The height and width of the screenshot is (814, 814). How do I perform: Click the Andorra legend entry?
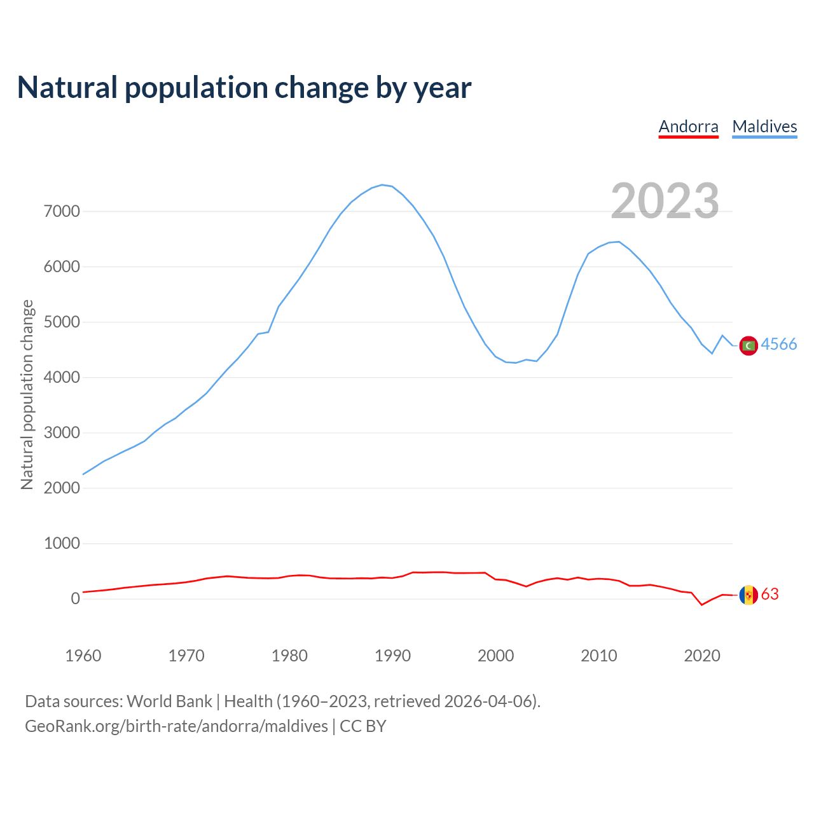(x=688, y=127)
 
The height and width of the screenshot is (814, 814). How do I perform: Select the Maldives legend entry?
(x=764, y=127)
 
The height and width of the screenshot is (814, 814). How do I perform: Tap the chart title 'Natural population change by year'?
(x=244, y=88)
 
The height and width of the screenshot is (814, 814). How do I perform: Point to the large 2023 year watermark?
(x=665, y=200)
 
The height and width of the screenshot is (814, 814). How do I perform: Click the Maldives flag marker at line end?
(x=748, y=345)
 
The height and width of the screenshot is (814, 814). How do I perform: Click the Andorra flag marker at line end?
(x=748, y=595)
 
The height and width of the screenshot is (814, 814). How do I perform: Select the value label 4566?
(x=779, y=344)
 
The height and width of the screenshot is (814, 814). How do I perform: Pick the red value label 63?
(x=769, y=594)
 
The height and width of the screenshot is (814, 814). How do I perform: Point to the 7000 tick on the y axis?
(x=62, y=211)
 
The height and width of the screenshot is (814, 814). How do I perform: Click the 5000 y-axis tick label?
(x=62, y=322)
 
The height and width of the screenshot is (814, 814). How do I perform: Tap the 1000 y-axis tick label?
(x=62, y=543)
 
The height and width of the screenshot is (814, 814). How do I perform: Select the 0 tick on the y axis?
(x=76, y=598)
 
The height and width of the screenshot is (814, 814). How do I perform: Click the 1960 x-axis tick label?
(x=83, y=656)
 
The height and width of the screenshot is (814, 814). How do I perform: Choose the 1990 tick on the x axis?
(x=392, y=656)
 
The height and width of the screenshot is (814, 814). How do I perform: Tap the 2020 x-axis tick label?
(x=701, y=656)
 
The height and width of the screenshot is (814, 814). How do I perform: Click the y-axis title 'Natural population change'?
(x=27, y=394)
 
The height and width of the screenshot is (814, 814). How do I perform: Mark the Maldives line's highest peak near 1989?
(x=382, y=184)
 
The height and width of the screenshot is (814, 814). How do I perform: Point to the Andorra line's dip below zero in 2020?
(x=702, y=605)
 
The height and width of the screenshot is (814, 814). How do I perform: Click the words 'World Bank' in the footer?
(x=169, y=701)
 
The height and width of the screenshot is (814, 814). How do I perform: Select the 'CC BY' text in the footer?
(x=363, y=726)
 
